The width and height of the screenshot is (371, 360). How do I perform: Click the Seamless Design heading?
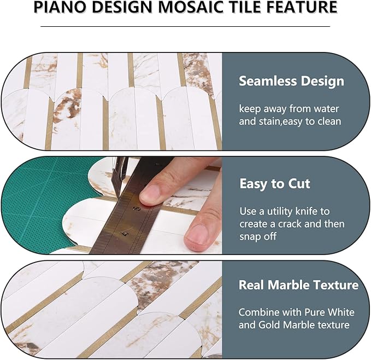291,82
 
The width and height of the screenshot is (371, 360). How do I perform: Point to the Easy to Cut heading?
275,183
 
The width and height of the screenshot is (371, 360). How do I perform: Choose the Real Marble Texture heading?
298,285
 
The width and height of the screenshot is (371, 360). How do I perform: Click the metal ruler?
131,219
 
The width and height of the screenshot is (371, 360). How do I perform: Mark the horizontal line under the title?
185,26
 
